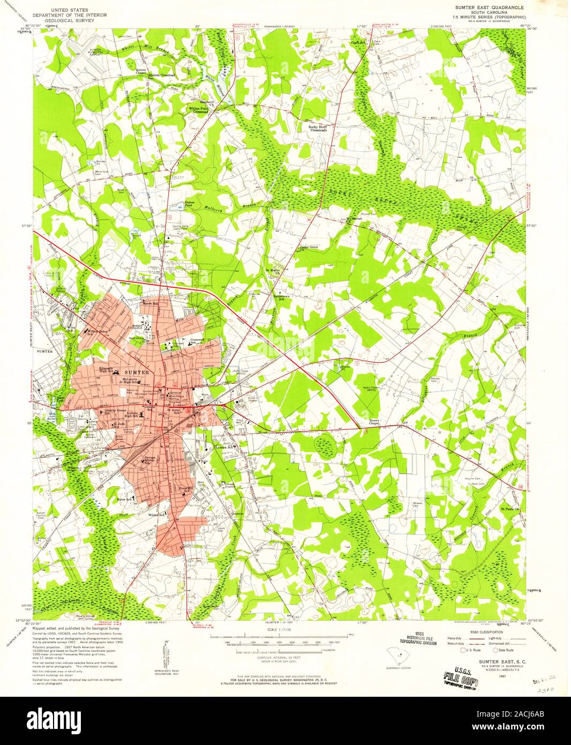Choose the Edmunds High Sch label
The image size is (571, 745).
(106, 369)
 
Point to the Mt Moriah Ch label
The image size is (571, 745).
(352, 219)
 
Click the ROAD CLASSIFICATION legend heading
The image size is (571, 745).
(472, 632)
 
